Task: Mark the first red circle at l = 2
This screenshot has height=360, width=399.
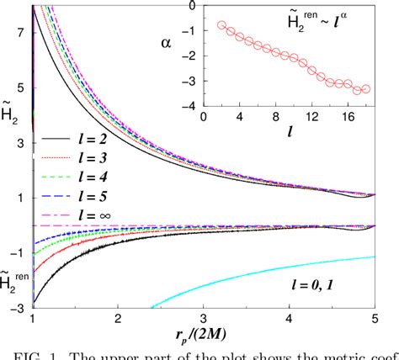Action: pyautogui.click(x=221, y=25)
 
